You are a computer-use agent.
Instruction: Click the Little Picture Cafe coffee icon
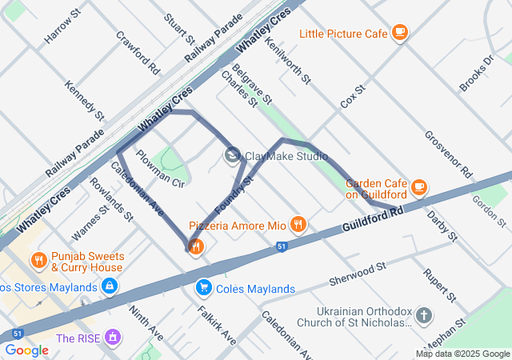[400, 33]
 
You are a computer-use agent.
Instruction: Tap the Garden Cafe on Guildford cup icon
[418, 186]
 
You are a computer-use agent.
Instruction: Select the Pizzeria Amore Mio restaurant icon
[298, 225]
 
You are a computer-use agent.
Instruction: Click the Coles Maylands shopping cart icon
[204, 287]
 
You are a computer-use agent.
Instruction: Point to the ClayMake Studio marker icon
[234, 155]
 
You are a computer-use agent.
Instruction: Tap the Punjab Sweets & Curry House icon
[38, 260]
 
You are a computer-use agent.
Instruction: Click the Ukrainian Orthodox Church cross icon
[423, 316]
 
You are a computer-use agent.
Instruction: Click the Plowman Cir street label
[160, 169]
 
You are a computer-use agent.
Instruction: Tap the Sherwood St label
[358, 273]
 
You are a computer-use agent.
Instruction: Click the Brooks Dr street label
[478, 74]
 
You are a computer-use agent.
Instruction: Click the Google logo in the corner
[26, 350]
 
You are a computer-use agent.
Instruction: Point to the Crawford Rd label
[138, 49]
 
